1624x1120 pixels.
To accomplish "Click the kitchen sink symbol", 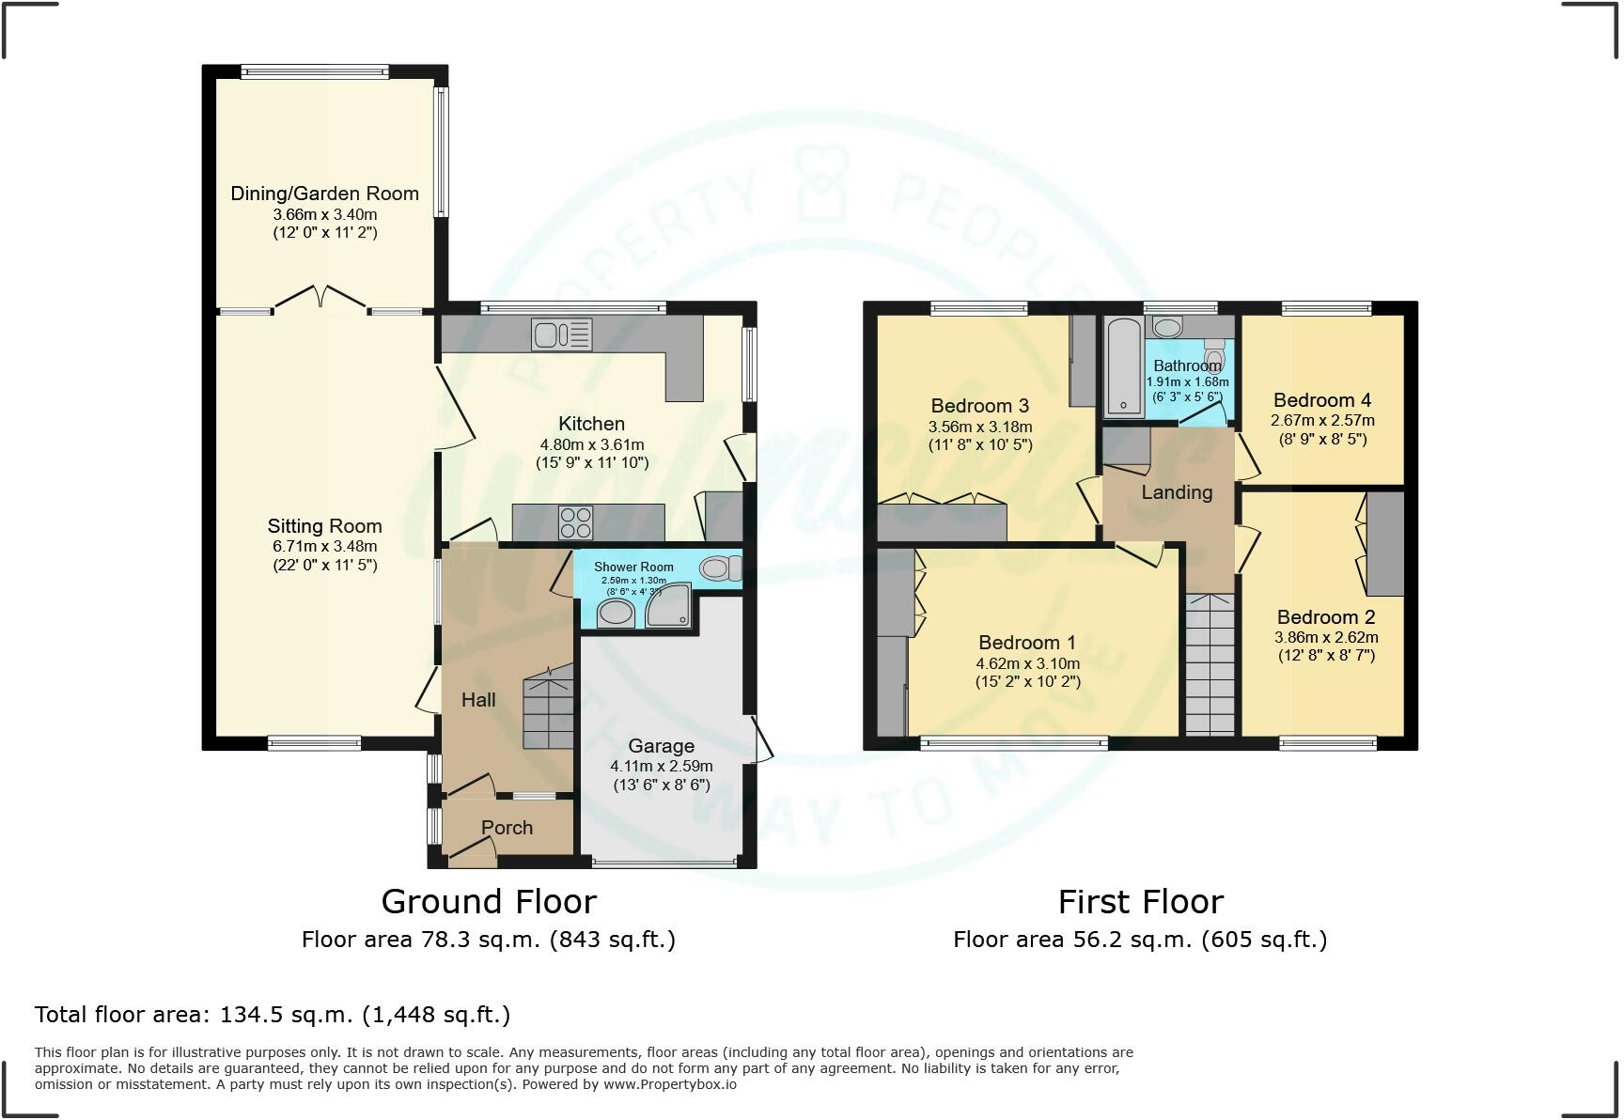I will click(562, 334).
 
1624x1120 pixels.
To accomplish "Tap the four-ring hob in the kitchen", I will click(575, 522).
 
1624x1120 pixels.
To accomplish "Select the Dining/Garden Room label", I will click(324, 194).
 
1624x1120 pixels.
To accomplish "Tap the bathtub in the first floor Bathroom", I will click(1122, 367).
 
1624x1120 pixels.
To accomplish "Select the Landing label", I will click(1177, 492).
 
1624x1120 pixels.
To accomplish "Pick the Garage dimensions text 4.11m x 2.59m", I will click(661, 766).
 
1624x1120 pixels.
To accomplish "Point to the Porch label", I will click(507, 828).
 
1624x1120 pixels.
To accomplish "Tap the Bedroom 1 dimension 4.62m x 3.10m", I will click(1027, 663).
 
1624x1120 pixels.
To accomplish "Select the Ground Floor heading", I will click(489, 902).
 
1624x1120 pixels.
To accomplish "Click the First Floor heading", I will click(1140, 902).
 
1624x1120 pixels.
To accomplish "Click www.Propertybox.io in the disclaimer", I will click(669, 1084).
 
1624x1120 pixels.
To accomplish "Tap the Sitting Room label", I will click(324, 526).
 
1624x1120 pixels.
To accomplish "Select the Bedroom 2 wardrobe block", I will click(1384, 544).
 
